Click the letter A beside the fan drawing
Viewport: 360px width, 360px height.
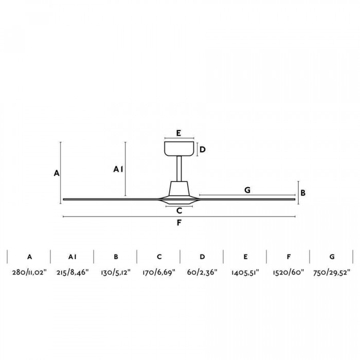[x=57, y=173]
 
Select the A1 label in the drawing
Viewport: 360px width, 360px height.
[x=118, y=169]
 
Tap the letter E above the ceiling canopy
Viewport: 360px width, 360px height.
[x=178, y=133]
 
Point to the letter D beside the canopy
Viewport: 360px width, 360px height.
[x=203, y=150]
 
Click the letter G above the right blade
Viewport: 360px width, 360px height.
[x=247, y=190]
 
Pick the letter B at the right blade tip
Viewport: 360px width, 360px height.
[x=303, y=193]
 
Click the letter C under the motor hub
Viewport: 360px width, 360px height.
[x=179, y=210]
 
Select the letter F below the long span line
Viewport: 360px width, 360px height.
[x=179, y=223]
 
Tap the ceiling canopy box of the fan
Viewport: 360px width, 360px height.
[x=179, y=148]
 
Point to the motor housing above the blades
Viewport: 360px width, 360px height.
[x=179, y=188]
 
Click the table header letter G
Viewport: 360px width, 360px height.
[x=332, y=256]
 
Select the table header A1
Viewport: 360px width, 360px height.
[x=72, y=256]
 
